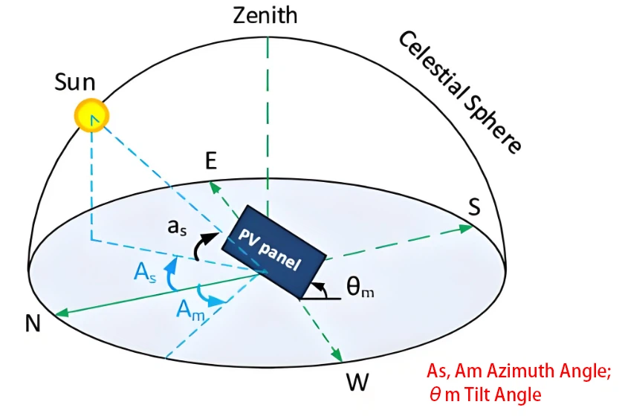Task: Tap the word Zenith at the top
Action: (x=265, y=15)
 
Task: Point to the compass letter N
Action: (x=33, y=323)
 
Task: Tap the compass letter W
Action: (x=357, y=383)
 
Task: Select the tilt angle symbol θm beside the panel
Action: (x=360, y=286)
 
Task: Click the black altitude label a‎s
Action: (x=176, y=228)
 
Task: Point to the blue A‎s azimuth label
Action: (x=145, y=273)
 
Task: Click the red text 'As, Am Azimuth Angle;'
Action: (x=519, y=371)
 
